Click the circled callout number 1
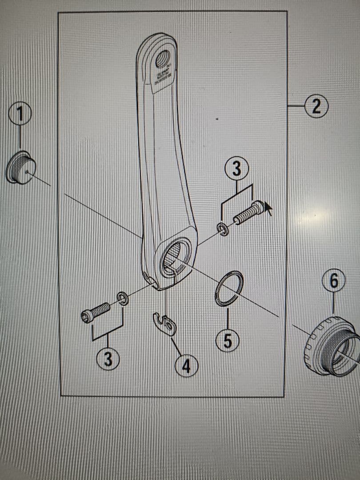pos(20,114)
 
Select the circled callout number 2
pos(317,107)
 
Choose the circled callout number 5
pos(228,341)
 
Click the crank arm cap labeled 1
pos(20,168)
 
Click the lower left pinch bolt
pos(95,311)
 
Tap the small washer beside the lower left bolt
pos(122,298)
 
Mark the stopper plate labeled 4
pos(164,323)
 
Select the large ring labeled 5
pos(229,289)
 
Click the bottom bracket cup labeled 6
pos(331,346)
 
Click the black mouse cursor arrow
pos(268,207)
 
